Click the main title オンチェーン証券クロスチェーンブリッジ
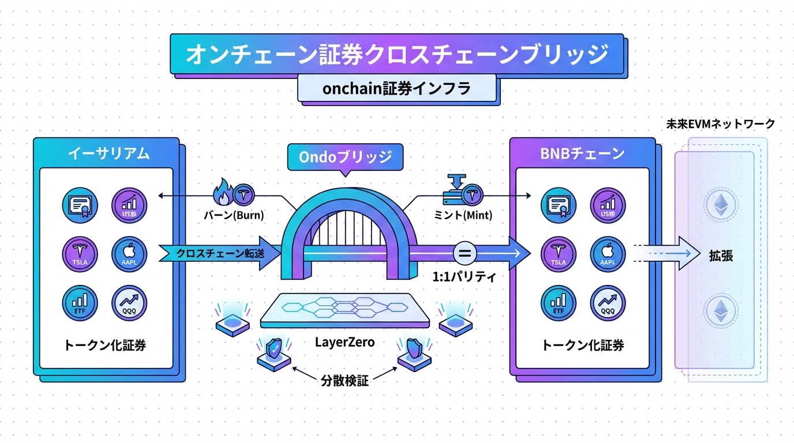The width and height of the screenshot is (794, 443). [x=396, y=54]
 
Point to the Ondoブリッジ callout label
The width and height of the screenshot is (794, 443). [x=345, y=156]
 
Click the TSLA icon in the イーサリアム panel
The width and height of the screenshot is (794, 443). [x=80, y=254]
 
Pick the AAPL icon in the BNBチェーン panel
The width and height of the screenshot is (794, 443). [x=608, y=254]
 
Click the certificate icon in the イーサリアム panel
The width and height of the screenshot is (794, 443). [x=80, y=205]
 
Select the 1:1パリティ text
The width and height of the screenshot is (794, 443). [x=464, y=276]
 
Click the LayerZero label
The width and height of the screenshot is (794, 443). [x=344, y=342]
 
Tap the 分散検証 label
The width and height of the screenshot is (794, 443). [x=344, y=380]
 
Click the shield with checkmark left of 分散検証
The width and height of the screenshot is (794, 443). [x=274, y=348]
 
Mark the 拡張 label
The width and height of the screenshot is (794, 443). [x=721, y=256]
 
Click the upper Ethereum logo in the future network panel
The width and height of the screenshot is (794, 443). [x=721, y=205]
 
